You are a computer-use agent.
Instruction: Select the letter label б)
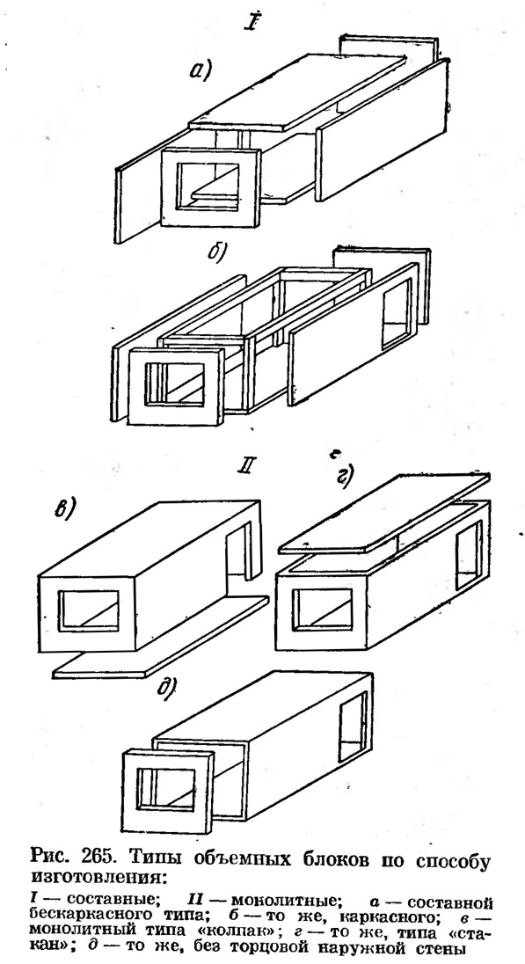[218, 253]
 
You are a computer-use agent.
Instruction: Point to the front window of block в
[89, 611]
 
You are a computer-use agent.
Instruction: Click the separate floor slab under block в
[161, 637]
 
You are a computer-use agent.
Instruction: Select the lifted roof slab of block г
[384, 514]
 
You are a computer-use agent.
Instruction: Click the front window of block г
[323, 610]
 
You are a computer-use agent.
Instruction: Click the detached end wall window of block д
[166, 789]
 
